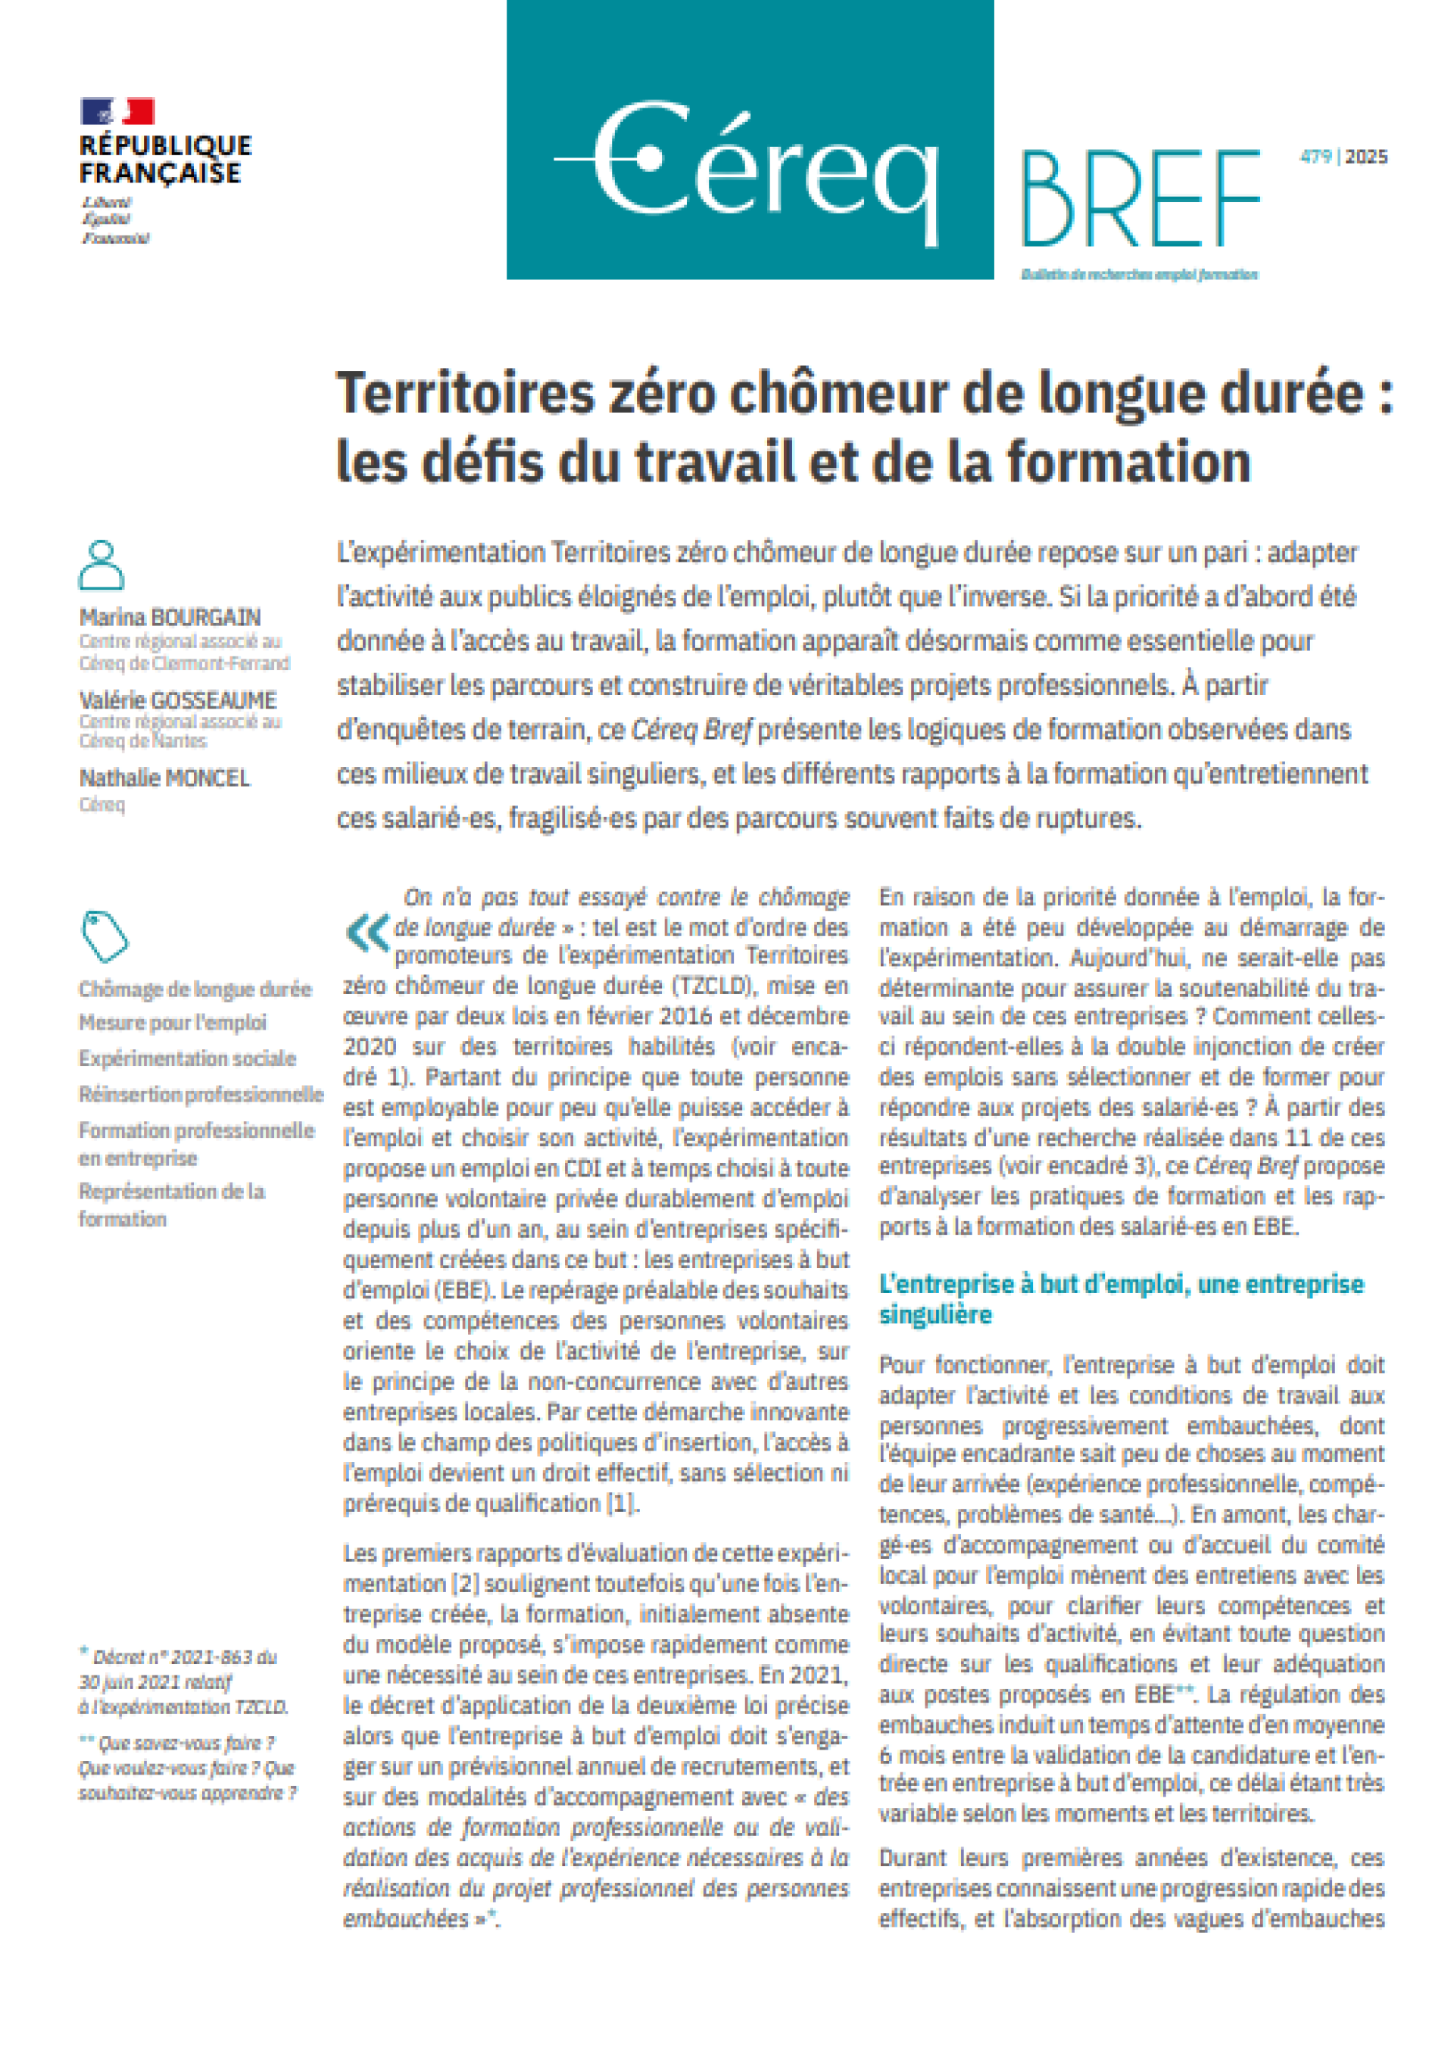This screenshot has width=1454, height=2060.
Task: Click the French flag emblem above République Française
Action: point(117,112)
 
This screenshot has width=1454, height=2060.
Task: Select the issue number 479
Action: point(1315,157)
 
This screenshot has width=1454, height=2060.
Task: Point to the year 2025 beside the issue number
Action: point(1366,157)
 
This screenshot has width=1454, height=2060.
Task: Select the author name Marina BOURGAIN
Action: point(170,617)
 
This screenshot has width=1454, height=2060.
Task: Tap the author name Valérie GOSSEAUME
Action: point(178,700)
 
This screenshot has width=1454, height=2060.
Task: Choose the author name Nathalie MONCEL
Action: point(165,778)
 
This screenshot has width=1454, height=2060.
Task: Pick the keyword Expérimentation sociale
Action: point(188,1058)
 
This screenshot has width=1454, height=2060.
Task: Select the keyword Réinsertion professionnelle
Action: point(201,1095)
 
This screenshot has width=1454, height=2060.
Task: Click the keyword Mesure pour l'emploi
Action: point(173,1023)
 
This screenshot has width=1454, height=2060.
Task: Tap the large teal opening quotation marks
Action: point(367,933)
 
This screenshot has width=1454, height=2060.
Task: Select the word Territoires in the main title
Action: point(466,394)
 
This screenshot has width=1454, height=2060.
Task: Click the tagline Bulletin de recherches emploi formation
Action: point(1139,275)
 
